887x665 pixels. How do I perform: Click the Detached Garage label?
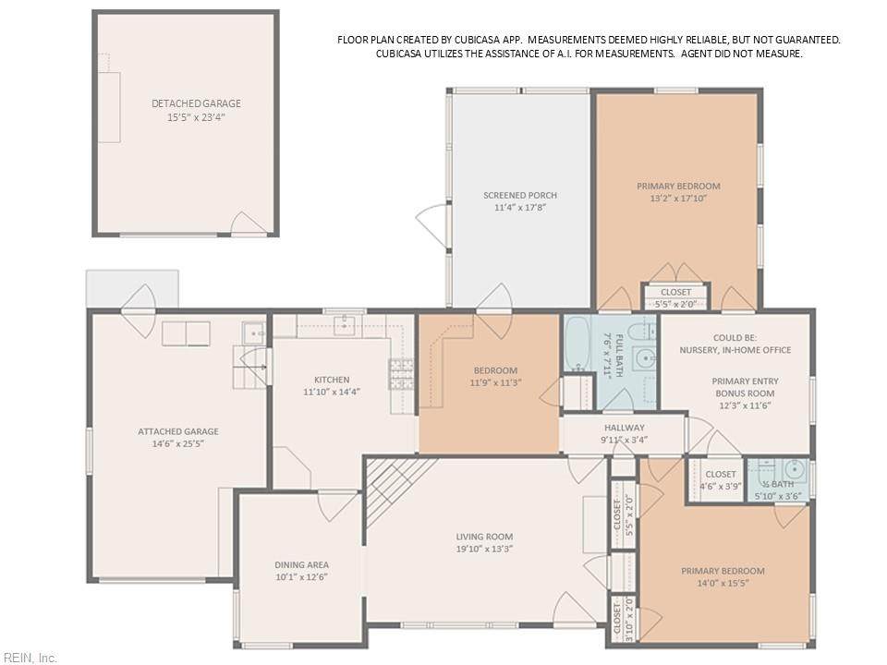click(x=196, y=103)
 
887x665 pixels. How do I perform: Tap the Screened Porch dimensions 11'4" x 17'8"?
click(x=520, y=208)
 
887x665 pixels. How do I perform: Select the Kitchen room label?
click(x=332, y=380)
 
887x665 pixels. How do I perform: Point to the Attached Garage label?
click(x=178, y=431)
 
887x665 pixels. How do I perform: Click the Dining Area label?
click(x=301, y=564)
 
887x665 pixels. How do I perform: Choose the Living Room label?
click(x=484, y=537)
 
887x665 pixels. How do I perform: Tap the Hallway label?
click(x=624, y=428)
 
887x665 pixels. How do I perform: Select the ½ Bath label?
click(x=778, y=485)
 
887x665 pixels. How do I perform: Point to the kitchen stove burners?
click(x=400, y=374)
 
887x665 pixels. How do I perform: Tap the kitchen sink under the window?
click(x=344, y=325)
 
